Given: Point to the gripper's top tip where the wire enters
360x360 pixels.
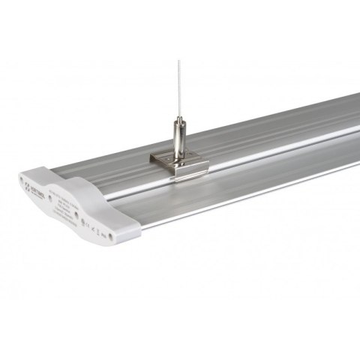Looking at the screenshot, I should tap(178, 118).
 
